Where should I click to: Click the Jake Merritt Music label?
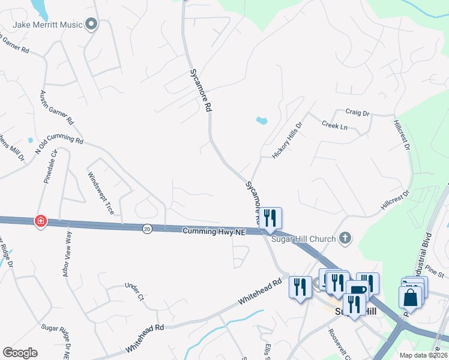click(x=49, y=25)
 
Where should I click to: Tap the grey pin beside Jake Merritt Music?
click(x=91, y=25)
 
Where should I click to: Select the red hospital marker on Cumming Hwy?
click(x=40, y=221)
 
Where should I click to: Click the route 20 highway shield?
click(x=147, y=228)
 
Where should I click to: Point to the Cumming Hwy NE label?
click(x=214, y=230)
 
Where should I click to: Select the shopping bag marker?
click(x=411, y=298)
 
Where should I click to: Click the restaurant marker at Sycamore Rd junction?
click(x=270, y=218)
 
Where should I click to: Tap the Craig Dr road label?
click(x=357, y=112)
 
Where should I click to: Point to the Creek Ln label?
click(x=335, y=126)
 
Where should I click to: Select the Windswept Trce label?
click(x=101, y=189)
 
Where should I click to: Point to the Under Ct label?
click(x=135, y=292)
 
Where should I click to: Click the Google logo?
click(x=20, y=352)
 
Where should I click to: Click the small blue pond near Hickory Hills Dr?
click(x=261, y=120)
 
